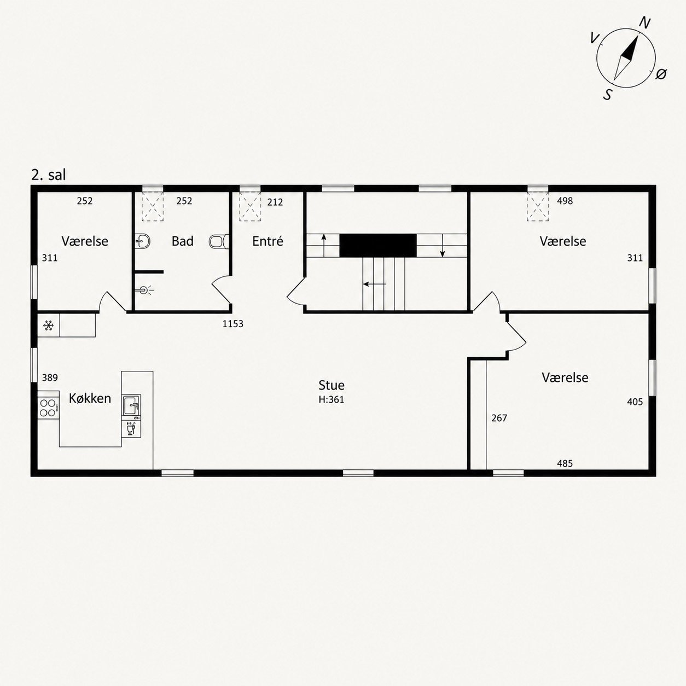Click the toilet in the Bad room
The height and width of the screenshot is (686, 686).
point(219,241)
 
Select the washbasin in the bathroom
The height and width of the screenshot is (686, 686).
point(142,241)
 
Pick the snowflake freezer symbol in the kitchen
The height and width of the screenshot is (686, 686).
point(49,325)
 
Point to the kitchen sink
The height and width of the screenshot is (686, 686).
point(132,405)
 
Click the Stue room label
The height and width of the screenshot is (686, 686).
point(332,385)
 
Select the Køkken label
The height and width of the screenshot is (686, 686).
point(90,398)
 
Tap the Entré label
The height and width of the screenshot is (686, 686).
point(268,241)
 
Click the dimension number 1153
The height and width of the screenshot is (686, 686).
point(233,324)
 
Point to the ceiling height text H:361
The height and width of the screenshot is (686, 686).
point(332,400)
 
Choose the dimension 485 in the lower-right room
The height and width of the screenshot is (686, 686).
point(565,463)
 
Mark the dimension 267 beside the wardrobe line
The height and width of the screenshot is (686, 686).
point(499,418)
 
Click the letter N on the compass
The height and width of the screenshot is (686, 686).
point(645,23)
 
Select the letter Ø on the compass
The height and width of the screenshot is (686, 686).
point(661,74)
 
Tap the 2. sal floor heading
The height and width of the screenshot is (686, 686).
point(49,175)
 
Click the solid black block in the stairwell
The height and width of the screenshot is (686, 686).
point(377,245)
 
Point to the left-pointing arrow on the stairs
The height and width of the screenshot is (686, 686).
point(375,284)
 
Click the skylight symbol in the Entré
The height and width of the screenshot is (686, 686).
point(250,206)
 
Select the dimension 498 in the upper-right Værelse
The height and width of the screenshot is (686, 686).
point(565,201)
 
